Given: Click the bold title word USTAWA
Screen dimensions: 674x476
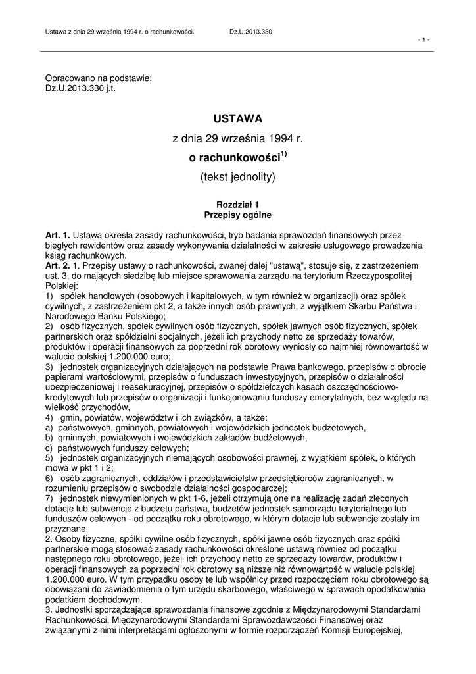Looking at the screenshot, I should pyautogui.click(x=237, y=118).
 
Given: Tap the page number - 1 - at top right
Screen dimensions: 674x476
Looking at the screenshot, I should pyautogui.click(x=424, y=39).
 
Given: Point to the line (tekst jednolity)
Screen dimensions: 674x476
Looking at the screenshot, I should pyautogui.click(x=237, y=177).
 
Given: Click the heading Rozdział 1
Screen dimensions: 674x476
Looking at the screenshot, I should pyautogui.click(x=237, y=205).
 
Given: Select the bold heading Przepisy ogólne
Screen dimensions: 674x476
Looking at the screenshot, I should pyautogui.click(x=237, y=215).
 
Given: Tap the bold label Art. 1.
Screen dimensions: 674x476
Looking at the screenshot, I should pyautogui.click(x=57, y=235).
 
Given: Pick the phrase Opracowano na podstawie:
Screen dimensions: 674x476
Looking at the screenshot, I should pyautogui.click(x=98, y=78).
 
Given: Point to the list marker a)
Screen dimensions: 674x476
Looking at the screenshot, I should pyautogui.click(x=49, y=428).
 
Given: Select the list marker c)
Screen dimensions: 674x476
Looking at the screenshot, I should pyautogui.click(x=49, y=448).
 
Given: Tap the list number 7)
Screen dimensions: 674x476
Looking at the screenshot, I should pyautogui.click(x=49, y=498).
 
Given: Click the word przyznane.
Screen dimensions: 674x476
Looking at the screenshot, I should pyautogui.click(x=66, y=528).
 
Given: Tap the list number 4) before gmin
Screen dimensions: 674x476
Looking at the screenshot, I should pyautogui.click(x=49, y=418).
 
